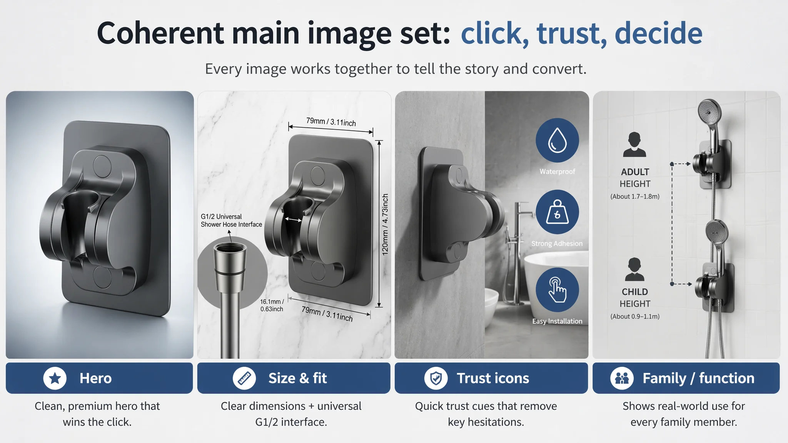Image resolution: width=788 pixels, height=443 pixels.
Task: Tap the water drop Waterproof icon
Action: coord(557,140)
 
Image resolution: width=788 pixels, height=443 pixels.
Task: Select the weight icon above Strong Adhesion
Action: coord(557,212)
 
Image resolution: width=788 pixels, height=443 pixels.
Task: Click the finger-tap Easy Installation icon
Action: coord(557,290)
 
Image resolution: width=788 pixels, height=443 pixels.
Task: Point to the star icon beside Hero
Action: coord(55,378)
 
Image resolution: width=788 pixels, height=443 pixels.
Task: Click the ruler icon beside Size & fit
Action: coord(244,378)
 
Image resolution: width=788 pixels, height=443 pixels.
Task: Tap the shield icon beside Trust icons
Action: coord(436,378)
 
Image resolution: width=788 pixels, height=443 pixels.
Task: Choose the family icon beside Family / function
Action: coord(622,378)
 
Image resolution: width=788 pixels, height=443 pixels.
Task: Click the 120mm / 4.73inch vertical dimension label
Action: coord(385,225)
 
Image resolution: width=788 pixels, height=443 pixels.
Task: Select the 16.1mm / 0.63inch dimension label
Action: coord(272,305)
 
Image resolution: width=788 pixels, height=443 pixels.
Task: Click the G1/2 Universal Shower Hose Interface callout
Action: coord(231,220)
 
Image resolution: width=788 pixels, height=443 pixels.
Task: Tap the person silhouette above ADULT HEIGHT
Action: coord(634,145)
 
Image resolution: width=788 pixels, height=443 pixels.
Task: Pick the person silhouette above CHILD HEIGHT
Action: coord(634,270)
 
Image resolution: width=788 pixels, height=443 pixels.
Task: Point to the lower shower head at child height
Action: coord(716,232)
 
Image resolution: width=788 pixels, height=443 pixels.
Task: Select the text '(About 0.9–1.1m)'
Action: coord(635,316)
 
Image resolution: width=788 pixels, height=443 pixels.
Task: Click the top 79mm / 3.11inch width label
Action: coord(331,122)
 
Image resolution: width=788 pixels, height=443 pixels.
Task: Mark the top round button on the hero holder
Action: coord(102,166)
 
